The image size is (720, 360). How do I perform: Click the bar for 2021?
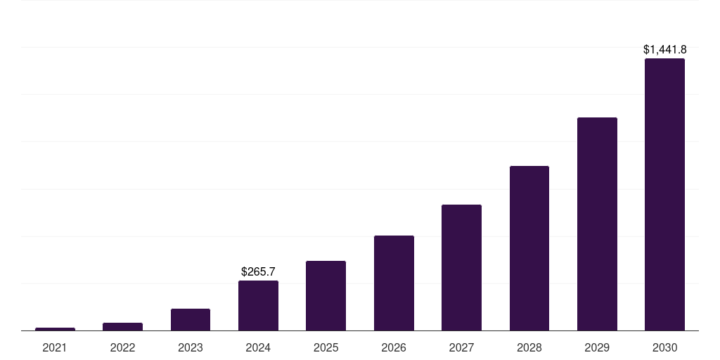pyautogui.click(x=55, y=328)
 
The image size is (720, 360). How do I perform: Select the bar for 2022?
pyautogui.click(x=122, y=326)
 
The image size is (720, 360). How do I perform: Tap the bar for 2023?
pyautogui.click(x=191, y=319)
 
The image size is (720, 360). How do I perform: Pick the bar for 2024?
pyautogui.click(x=258, y=305)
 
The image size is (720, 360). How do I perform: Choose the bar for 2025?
pyautogui.click(x=326, y=295)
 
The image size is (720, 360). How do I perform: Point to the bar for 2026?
pyautogui.click(x=394, y=283)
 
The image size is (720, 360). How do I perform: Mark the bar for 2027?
pyautogui.click(x=461, y=267)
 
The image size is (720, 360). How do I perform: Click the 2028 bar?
pyautogui.click(x=529, y=247)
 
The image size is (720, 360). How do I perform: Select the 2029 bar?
pyautogui.click(x=597, y=224)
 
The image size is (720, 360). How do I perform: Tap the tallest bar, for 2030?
pyautogui.click(x=664, y=194)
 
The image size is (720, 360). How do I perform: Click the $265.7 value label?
pyautogui.click(x=258, y=271)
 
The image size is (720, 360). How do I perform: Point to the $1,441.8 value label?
pyautogui.click(x=664, y=50)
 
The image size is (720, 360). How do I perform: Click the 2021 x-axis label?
pyautogui.click(x=55, y=347)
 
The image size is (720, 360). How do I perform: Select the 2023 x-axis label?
pyautogui.click(x=191, y=347)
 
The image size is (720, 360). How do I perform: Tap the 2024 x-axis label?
pyautogui.click(x=258, y=347)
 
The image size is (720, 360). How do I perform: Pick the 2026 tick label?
pyautogui.click(x=394, y=347)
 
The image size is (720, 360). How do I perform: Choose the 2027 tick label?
pyautogui.click(x=461, y=347)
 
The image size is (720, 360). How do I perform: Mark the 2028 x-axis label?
pyautogui.click(x=529, y=347)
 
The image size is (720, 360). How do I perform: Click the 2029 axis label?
pyautogui.click(x=597, y=347)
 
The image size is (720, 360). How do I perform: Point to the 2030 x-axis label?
pyautogui.click(x=664, y=347)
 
